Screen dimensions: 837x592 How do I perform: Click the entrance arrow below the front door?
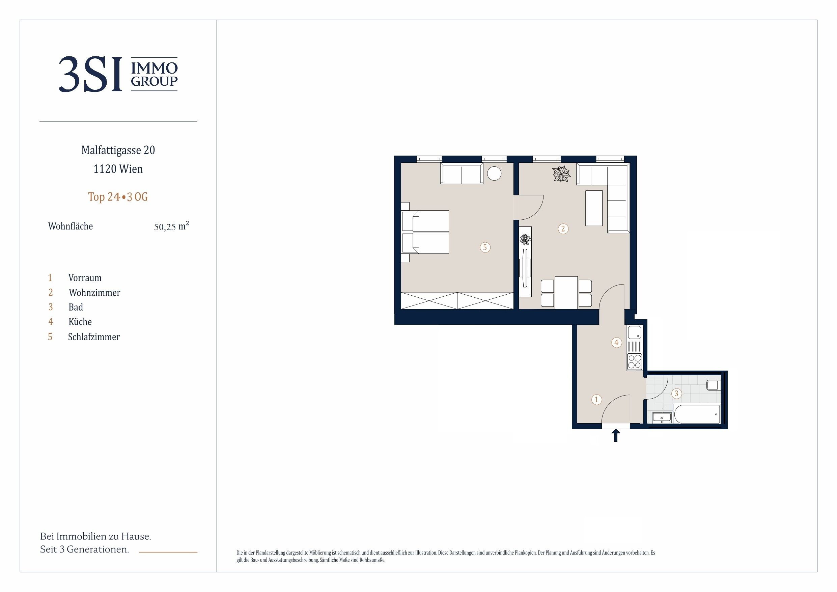click(616, 435)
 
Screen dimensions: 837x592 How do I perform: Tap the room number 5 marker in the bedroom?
click(485, 247)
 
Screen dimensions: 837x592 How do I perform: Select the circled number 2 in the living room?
click(563, 229)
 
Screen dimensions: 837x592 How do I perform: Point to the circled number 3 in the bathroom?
click(677, 393)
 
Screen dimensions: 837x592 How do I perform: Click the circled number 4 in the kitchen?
click(616, 342)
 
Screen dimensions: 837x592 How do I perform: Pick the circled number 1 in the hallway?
click(596, 399)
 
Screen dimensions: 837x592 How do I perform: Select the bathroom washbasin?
click(661, 418)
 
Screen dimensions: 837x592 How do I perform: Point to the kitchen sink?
click(634, 333)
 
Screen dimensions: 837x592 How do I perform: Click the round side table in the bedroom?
click(494, 173)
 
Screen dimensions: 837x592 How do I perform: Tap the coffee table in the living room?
click(594, 208)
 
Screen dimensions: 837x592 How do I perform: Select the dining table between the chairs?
click(566, 292)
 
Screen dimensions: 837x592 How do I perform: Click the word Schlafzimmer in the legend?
click(94, 337)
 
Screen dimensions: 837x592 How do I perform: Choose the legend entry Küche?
click(80, 322)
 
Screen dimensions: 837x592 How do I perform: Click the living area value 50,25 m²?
click(171, 226)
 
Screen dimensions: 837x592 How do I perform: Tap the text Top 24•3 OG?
click(118, 197)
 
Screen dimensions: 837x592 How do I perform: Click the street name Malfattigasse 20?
click(118, 150)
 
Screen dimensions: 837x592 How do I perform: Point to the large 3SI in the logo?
click(90, 74)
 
